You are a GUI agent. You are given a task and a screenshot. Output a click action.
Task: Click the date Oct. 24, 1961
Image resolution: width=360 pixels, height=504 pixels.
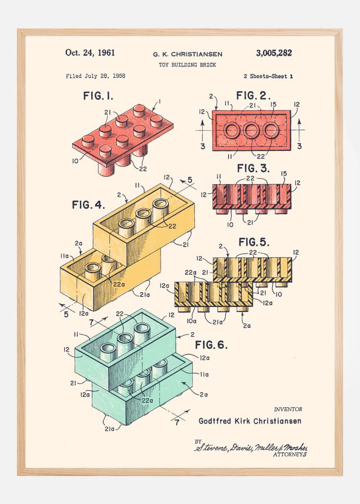[90, 53]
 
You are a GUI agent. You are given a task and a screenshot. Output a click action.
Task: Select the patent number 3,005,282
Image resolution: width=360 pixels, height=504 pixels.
[274, 53]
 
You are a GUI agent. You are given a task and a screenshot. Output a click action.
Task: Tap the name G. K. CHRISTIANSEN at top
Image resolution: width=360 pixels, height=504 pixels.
[188, 55]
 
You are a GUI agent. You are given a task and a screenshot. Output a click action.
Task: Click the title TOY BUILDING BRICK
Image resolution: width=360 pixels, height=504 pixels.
[188, 65]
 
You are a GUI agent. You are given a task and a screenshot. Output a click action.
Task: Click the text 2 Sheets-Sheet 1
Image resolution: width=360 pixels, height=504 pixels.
[268, 75]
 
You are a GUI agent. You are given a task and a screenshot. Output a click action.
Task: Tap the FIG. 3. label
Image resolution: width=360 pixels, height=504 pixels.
[254, 168]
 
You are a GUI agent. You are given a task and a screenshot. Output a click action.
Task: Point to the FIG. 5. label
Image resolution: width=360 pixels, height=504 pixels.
[254, 242]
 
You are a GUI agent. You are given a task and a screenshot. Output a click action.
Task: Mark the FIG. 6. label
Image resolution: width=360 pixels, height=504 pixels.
[211, 344]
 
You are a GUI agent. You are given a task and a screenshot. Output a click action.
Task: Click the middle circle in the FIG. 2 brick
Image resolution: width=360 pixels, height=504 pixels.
[252, 131]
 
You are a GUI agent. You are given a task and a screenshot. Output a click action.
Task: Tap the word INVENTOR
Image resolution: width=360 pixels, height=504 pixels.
[288, 409]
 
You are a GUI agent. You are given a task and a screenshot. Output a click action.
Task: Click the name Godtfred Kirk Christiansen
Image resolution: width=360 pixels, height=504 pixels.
[250, 421]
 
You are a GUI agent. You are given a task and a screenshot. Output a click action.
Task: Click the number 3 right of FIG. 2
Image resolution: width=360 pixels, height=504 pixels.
[299, 146]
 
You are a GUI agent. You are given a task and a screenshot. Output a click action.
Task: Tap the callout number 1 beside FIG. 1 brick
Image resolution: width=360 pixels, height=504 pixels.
[160, 101]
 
